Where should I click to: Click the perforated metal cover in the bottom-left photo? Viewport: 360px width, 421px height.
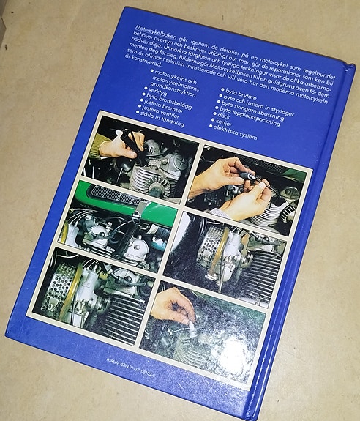pyautogui.click(x=59, y=285)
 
